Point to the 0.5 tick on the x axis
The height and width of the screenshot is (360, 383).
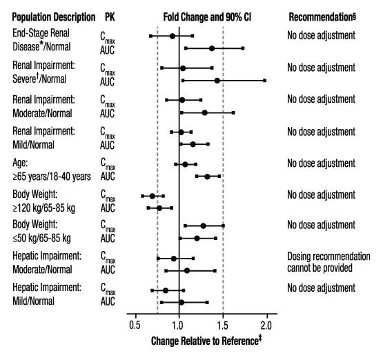coord(135,325)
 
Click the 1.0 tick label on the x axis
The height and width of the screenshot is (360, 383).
coord(179,325)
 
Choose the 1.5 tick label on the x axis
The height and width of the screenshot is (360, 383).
coord(223,325)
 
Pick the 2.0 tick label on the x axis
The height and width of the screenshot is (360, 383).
coord(266,325)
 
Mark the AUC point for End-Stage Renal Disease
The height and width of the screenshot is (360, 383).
coord(212,48)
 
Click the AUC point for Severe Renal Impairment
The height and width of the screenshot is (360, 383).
coord(217,81)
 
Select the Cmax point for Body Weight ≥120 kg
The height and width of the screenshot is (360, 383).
coord(153,196)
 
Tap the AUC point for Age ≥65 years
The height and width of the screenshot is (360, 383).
coord(207,177)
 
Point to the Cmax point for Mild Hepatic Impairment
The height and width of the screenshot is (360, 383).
coord(166,290)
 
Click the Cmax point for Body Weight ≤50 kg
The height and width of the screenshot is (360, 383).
coord(203,226)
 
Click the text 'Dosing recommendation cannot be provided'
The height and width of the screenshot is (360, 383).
coord(328,261)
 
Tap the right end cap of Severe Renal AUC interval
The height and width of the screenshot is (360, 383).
coord(264,81)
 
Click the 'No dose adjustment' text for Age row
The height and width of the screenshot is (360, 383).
coord(321,163)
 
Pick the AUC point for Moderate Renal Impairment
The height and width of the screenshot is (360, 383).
coord(205,112)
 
